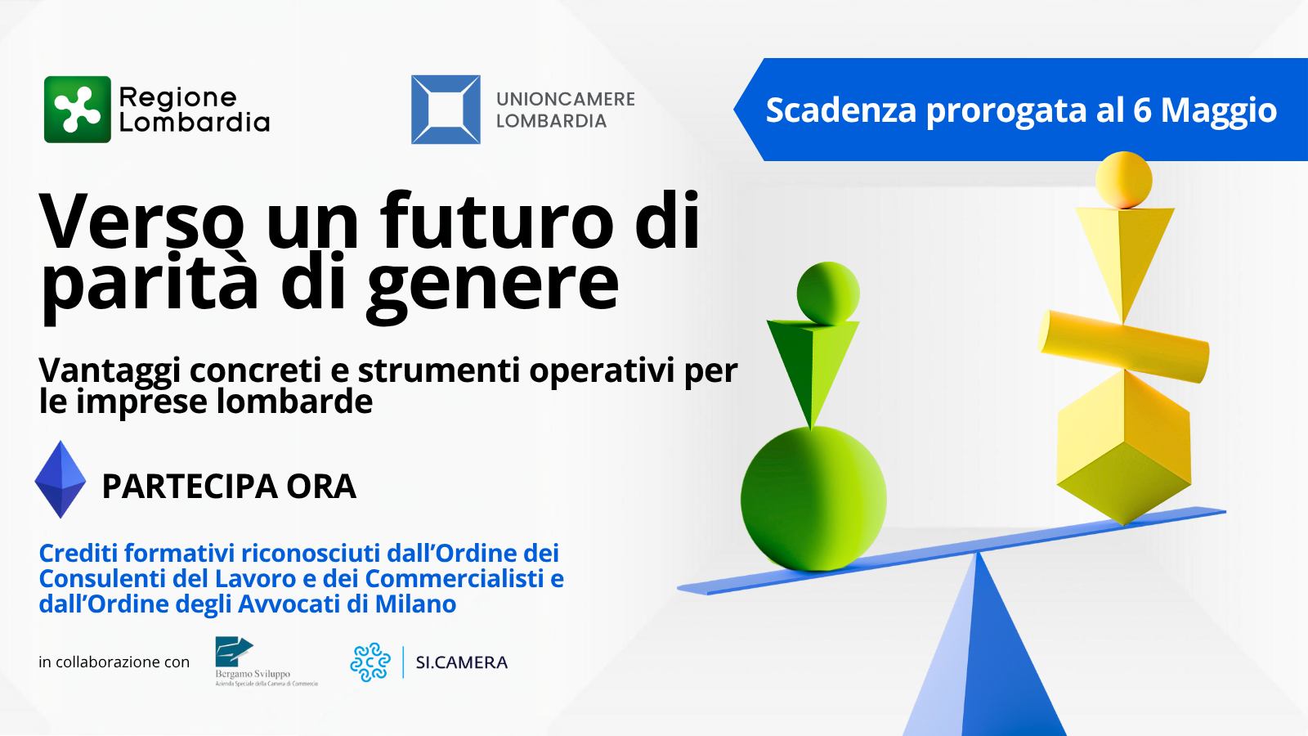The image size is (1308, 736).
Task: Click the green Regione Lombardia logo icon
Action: click(78, 110)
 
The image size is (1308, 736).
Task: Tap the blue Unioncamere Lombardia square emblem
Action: click(446, 110)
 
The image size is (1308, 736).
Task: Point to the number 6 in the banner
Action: click(1142, 110)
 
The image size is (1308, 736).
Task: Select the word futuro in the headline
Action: click(497, 221)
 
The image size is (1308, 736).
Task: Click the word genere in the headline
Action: click(492, 285)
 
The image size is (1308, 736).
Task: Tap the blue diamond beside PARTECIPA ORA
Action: click(60, 479)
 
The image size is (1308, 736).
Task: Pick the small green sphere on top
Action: click(827, 292)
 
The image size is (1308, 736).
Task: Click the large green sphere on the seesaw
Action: click(813, 499)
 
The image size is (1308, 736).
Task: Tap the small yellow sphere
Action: click(1123, 180)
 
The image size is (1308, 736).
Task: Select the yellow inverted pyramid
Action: click(1124, 254)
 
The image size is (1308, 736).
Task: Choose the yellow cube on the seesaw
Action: click(1124, 446)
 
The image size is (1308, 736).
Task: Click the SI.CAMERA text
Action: click(461, 662)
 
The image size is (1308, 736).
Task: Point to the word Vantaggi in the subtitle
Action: click(110, 371)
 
